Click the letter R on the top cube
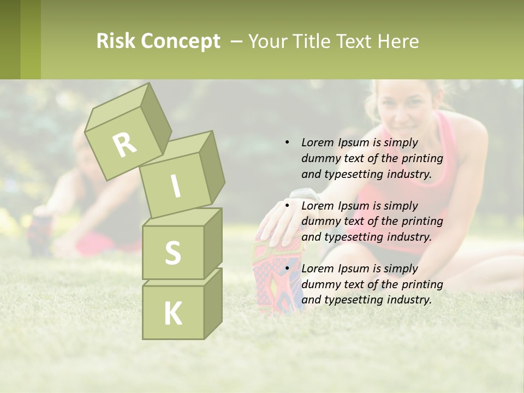pos(124,144)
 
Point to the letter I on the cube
pos(175,186)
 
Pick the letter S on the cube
pos(172,253)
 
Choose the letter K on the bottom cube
pos(172,313)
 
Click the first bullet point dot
pos(287,142)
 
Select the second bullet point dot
pos(287,206)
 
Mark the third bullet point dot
pos(287,269)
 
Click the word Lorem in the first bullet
pos(318,142)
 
